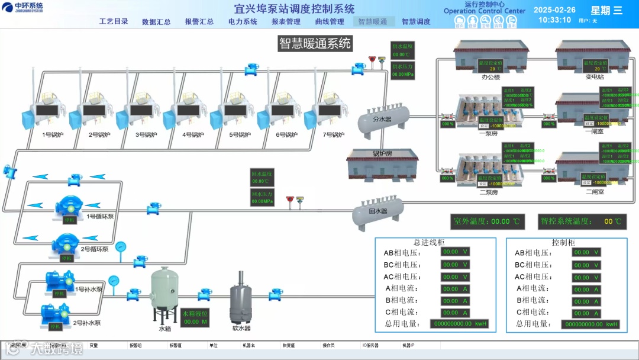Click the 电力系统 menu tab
(243, 22)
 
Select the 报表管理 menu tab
(286, 22)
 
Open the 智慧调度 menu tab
(416, 22)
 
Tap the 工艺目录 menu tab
(114, 22)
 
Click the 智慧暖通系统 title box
(315, 43)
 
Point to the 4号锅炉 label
(193, 135)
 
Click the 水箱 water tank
(164, 293)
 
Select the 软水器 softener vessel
(241, 300)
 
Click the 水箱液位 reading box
(195, 317)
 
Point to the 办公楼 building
(490, 55)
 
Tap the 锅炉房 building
(382, 163)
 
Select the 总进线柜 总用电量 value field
(459, 324)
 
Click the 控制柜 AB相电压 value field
(586, 252)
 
